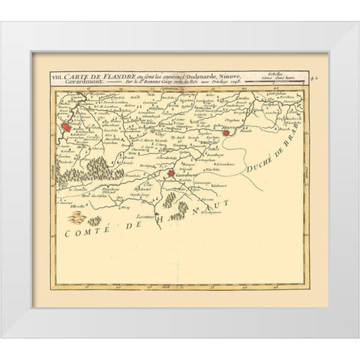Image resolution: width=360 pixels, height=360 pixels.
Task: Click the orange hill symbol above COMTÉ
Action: (x=76, y=218)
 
